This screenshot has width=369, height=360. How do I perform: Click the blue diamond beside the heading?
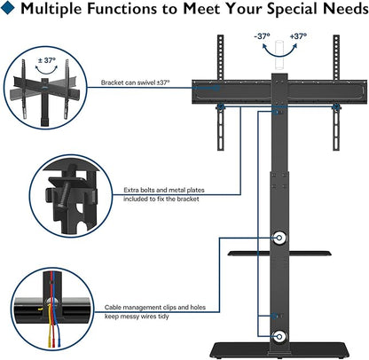[x=7, y=7]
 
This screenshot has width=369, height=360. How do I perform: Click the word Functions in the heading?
[x=122, y=8]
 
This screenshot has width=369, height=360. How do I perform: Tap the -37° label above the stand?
[x=262, y=36]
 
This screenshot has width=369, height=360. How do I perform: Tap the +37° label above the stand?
[x=298, y=36]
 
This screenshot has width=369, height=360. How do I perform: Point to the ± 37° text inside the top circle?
[x=47, y=60]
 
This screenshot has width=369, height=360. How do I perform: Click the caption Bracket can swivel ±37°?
[x=136, y=82]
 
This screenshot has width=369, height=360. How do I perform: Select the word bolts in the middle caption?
[x=147, y=190]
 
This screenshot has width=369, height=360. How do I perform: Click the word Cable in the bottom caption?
[x=113, y=308]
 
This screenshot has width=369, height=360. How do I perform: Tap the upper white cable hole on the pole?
[x=279, y=238]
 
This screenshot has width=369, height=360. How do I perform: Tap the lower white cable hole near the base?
[x=279, y=336]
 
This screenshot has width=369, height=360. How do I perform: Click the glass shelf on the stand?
[x=279, y=254]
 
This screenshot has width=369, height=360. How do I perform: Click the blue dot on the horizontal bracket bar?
[x=216, y=88]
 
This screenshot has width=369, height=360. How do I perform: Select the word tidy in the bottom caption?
[x=162, y=317]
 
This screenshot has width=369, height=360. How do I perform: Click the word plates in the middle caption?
[x=195, y=190]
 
